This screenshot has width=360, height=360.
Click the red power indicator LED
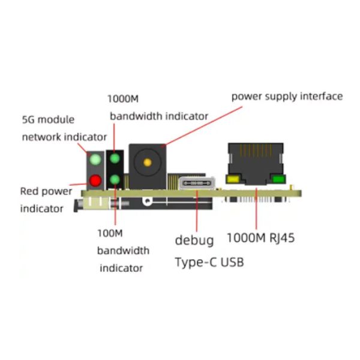[x=95, y=181]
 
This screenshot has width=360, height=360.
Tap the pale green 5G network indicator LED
[x=95, y=160]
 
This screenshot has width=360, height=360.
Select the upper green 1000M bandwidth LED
[x=115, y=158]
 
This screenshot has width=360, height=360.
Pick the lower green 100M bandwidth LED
[x=115, y=179]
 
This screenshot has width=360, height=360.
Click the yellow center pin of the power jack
[x=148, y=163]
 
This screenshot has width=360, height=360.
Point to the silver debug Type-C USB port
[x=197, y=183]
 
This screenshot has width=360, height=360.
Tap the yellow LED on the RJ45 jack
[x=233, y=179]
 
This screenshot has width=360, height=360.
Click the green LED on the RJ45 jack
[x=278, y=179]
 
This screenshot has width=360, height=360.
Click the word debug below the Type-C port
[x=194, y=241]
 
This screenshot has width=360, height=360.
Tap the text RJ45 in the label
[x=282, y=238]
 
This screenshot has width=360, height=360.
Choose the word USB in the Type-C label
[x=232, y=262]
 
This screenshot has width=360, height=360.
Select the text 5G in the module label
[x=28, y=120]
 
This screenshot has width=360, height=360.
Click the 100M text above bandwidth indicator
[x=110, y=233]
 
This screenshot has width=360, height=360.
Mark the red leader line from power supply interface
[x=203, y=126]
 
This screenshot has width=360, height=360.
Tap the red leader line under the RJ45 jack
[x=256, y=208]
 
